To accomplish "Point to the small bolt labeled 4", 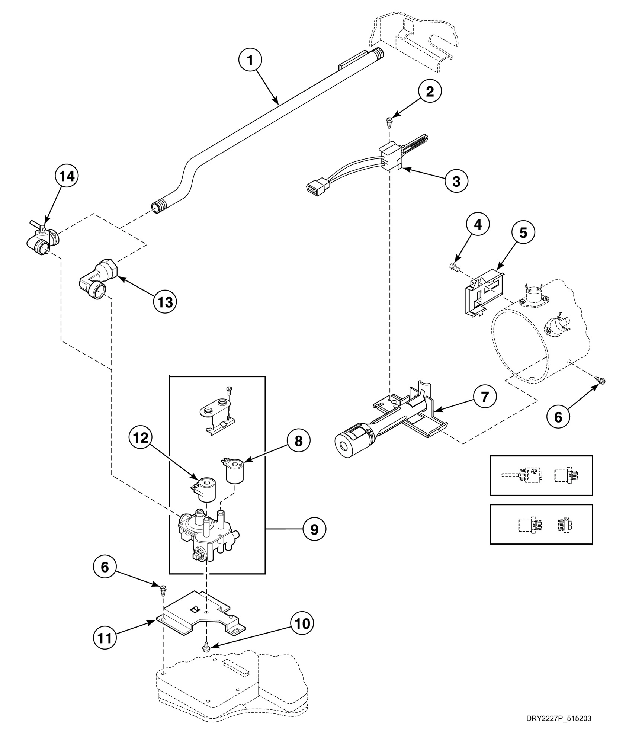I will tap(454, 266).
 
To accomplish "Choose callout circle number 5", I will tap(523, 233).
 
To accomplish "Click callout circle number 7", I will tap(485, 397).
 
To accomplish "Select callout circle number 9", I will tap(314, 529).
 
